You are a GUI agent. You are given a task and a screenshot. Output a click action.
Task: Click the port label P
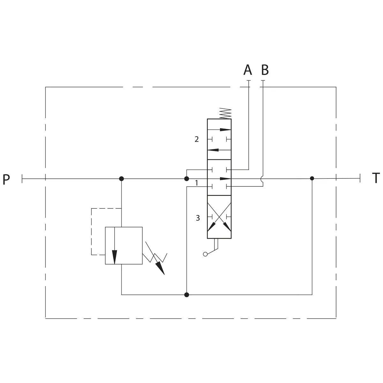click(x=6, y=179)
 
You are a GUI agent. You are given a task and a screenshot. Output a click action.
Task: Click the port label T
click(x=376, y=178)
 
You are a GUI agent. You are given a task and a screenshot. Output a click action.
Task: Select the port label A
click(x=248, y=70)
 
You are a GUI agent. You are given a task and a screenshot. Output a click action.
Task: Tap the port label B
click(x=265, y=70)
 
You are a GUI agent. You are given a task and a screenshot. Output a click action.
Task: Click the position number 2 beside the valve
click(x=197, y=139)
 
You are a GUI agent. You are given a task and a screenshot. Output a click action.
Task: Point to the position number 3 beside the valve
click(x=198, y=218)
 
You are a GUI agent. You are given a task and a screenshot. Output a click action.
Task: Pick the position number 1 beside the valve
click(x=197, y=183)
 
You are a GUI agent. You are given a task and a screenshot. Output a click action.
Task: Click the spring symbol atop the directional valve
click(x=225, y=114)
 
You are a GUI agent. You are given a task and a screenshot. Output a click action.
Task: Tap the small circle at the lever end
click(x=205, y=254)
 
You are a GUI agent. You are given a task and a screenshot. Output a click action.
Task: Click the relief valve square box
click(x=124, y=245)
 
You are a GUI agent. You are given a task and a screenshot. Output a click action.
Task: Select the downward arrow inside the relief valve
click(x=115, y=246)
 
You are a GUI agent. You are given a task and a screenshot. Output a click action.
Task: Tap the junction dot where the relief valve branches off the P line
click(x=121, y=179)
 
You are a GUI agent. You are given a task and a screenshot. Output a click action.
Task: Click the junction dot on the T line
click(x=312, y=178)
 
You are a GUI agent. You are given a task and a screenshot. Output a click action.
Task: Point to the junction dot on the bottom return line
click(x=186, y=295)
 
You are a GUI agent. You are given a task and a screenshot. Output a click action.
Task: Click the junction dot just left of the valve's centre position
click(x=186, y=179)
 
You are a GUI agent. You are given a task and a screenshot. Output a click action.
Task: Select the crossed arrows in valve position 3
click(x=219, y=217)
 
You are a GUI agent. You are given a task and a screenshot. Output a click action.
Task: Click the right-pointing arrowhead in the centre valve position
click(x=226, y=179)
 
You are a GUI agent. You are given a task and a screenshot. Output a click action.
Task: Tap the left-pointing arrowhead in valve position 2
click(x=213, y=150)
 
